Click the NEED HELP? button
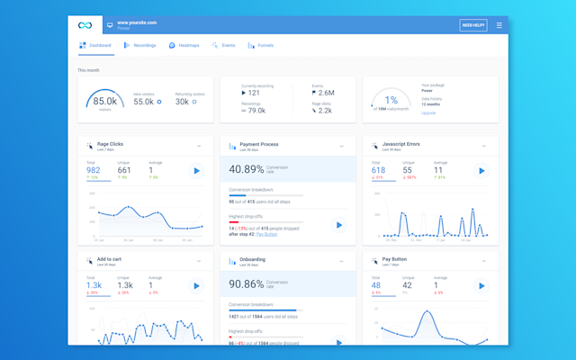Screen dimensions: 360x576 (472, 25)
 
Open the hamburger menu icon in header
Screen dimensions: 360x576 (499, 25)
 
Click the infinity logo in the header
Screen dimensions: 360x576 (85, 25)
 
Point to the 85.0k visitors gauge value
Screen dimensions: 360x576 (104, 101)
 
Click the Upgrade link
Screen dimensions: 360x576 (428, 113)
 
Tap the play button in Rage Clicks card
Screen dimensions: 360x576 (196, 170)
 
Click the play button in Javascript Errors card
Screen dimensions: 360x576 (481, 170)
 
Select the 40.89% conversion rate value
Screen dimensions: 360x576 (247, 168)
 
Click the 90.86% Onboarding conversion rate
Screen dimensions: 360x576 (247, 283)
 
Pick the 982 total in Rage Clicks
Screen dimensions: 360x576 (94, 170)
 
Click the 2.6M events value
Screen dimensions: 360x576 (325, 93)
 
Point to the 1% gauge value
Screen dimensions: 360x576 (391, 101)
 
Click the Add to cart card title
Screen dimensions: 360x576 (110, 259)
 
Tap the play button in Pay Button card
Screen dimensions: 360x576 (481, 285)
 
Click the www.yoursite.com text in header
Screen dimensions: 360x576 (137, 22)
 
